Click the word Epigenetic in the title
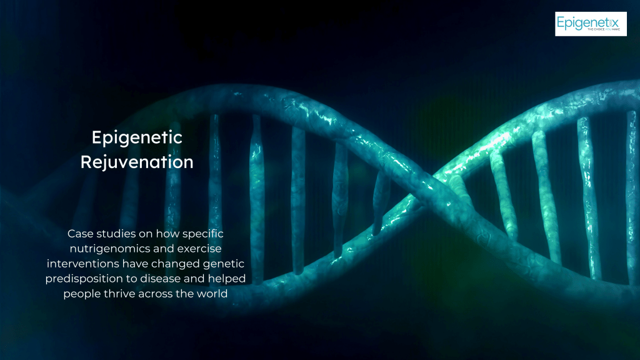coord(137,138)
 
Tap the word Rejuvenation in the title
coord(137,162)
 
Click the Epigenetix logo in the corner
coord(591,24)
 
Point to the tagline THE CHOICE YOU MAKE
coord(603,29)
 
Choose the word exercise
coord(199,249)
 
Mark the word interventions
coord(83,264)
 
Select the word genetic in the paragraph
coord(224,264)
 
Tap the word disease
coord(160,279)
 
